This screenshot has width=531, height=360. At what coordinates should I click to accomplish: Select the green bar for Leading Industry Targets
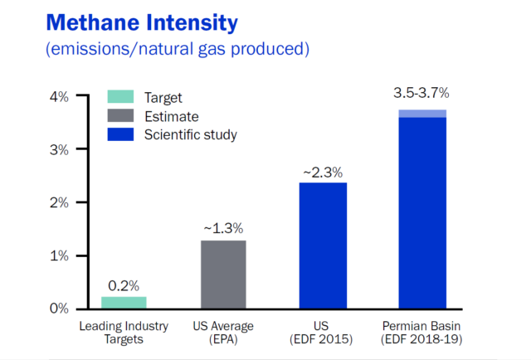coord(124,302)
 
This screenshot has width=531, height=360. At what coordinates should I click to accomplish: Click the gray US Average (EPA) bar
coord(224,274)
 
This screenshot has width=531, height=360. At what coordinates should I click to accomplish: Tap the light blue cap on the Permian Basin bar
coord(422,113)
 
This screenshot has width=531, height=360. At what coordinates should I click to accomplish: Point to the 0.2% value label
coord(124,285)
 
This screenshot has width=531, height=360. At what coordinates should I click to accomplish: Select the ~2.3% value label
coord(324,171)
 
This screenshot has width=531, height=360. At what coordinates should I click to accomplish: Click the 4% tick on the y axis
coord(61,96)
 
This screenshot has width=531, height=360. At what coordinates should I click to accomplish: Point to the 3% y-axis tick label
coord(61,149)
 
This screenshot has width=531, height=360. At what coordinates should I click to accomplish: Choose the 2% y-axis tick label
coord(61,202)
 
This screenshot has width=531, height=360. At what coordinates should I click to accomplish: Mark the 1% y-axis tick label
coord(61,255)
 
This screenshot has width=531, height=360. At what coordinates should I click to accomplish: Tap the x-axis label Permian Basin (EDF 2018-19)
coord(422,332)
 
